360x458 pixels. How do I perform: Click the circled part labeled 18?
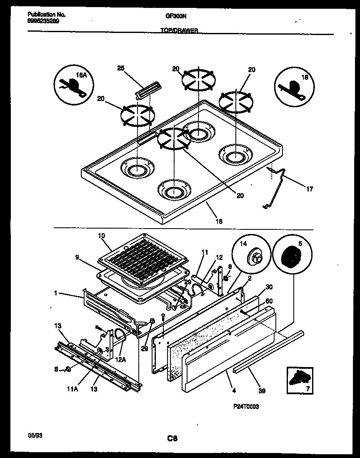click(294, 86)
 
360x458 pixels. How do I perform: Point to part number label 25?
click(120, 68)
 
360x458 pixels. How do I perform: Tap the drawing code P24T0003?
click(247, 407)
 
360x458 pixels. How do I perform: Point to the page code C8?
click(172, 438)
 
